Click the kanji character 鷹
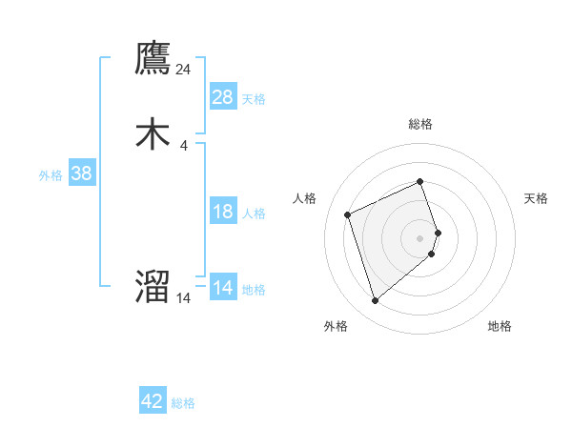click(153, 59)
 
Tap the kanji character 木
click(153, 134)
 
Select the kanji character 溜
click(153, 287)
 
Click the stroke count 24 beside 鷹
click(184, 70)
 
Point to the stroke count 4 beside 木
click(184, 146)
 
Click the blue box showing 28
click(223, 97)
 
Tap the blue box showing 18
click(223, 212)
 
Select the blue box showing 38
click(82, 173)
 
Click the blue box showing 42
click(153, 401)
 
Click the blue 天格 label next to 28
click(254, 99)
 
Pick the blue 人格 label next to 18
click(254, 214)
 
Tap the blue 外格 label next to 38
click(51, 175)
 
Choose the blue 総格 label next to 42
click(183, 403)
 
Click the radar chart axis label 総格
click(420, 124)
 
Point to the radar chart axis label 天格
click(536, 198)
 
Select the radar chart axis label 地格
click(500, 326)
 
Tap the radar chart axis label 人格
click(305, 198)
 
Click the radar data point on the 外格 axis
click(375, 301)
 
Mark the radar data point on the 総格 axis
click(420, 181)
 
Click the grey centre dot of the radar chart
click(420, 237)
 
